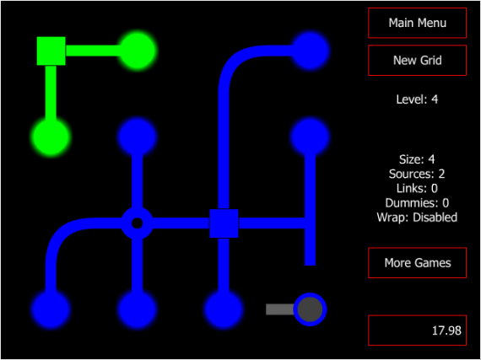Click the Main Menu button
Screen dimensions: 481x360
pyautogui.click(x=417, y=23)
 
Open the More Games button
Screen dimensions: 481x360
pyautogui.click(x=417, y=262)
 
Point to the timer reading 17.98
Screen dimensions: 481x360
pyautogui.click(x=446, y=330)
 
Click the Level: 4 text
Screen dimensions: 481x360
pyautogui.click(x=417, y=99)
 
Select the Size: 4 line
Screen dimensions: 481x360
pyautogui.click(x=417, y=159)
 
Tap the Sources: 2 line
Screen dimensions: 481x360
pyautogui.click(x=417, y=174)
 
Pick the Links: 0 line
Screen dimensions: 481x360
pyautogui.click(x=417, y=188)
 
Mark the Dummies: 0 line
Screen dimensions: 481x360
pyautogui.click(x=417, y=203)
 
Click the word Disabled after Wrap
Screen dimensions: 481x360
pyautogui.click(x=435, y=218)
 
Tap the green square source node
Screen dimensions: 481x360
pyautogui.click(x=51, y=51)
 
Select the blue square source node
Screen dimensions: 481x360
pyautogui.click(x=224, y=223)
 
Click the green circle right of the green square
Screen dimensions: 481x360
pyautogui.click(x=137, y=51)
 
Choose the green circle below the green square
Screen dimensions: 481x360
pyautogui.click(x=51, y=137)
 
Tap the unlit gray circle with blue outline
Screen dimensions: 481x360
pyautogui.click(x=311, y=309)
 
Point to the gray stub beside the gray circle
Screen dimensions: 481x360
pyautogui.click(x=280, y=309)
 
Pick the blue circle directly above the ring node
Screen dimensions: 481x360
pyautogui.click(x=137, y=137)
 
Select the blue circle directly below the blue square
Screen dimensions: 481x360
pyautogui.click(x=224, y=309)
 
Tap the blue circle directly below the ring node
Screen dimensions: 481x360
pyautogui.click(x=137, y=309)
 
